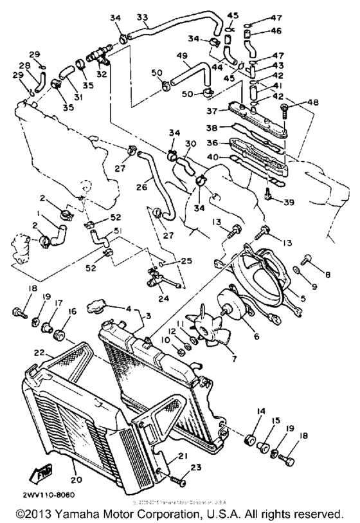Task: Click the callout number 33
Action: [x=142, y=17]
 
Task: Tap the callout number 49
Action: [x=183, y=55]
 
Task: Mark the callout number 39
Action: [x=289, y=203]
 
